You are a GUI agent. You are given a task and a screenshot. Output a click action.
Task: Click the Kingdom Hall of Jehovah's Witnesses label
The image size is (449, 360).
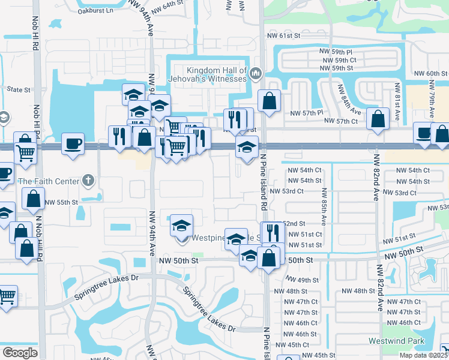click(x=217, y=74)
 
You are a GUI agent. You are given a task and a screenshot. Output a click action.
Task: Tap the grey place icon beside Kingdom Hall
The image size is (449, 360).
click(x=256, y=74)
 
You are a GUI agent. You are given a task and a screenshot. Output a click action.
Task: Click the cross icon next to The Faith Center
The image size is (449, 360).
click(x=88, y=180)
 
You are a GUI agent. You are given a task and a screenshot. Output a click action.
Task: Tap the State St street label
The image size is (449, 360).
click(x=18, y=89)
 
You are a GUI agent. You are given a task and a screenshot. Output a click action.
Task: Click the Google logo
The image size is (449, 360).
click(x=20, y=353)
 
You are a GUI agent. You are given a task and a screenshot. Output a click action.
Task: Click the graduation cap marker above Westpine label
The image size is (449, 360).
click(x=182, y=226)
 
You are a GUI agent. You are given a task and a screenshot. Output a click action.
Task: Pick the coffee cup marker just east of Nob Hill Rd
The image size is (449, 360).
click(x=73, y=145)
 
